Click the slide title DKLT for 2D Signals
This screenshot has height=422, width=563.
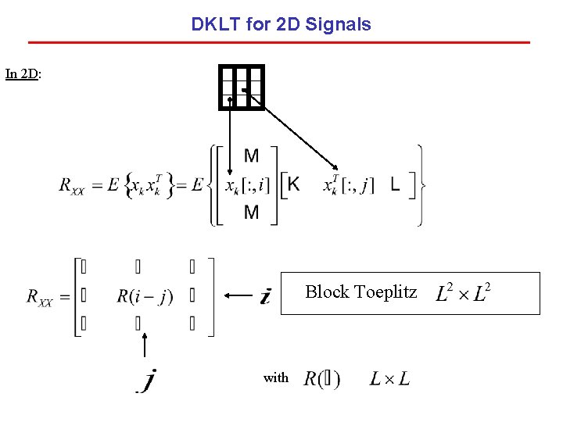click(x=281, y=24)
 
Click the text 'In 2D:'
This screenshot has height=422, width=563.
click(x=23, y=74)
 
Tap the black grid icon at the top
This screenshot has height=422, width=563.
click(x=242, y=87)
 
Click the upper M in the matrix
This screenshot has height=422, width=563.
click(x=251, y=156)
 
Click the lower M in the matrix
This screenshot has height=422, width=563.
click(x=251, y=213)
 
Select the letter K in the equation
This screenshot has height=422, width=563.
click(x=293, y=184)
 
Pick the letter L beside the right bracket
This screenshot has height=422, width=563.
click(x=395, y=185)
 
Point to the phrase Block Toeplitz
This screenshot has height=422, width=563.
click(x=360, y=292)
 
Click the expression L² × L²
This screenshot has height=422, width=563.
click(x=462, y=294)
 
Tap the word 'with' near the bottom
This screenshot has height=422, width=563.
click(x=275, y=378)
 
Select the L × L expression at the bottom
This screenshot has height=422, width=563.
click(x=389, y=380)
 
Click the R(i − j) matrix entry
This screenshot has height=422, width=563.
click(x=145, y=296)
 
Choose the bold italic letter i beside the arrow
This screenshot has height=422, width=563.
click(x=266, y=296)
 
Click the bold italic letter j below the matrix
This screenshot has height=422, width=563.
click(x=149, y=381)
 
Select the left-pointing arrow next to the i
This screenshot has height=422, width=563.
click(x=238, y=295)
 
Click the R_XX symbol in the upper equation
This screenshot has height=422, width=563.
click(x=72, y=186)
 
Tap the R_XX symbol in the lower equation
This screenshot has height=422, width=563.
click(x=39, y=297)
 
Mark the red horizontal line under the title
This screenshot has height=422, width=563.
click(x=279, y=42)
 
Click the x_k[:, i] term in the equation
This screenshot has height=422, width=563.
click(x=247, y=185)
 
